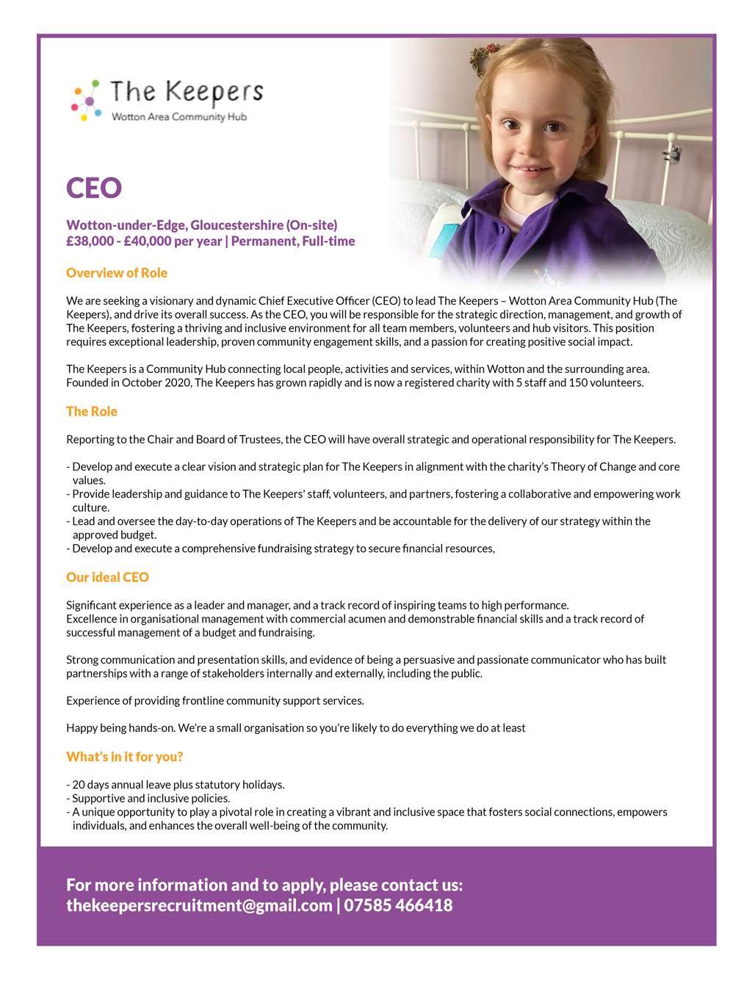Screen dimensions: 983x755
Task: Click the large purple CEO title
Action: point(94,188)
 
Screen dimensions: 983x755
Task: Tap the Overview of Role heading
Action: point(117,273)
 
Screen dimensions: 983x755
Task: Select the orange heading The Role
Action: point(92,411)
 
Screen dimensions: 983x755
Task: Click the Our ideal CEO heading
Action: point(107,577)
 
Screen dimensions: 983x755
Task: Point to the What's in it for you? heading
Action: point(125,756)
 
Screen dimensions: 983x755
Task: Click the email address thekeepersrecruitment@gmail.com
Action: point(199,905)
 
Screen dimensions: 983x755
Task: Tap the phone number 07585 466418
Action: point(398,905)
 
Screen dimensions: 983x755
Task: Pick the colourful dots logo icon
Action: point(86,99)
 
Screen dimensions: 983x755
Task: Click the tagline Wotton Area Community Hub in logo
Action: point(178,117)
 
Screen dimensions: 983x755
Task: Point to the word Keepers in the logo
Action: point(213,92)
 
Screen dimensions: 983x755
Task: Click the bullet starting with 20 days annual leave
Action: point(176,785)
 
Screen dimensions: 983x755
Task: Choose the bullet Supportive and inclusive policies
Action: point(150,798)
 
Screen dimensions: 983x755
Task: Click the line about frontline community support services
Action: point(215,700)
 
